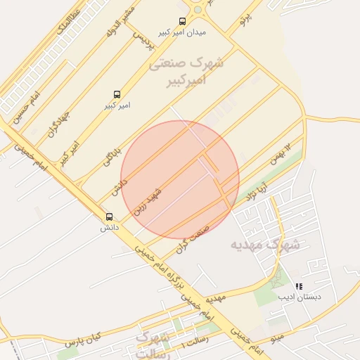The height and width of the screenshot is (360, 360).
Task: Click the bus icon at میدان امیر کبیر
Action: (183, 21)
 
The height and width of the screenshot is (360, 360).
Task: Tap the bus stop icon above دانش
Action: (108, 217)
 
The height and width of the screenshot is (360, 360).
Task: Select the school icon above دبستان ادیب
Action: (299, 287)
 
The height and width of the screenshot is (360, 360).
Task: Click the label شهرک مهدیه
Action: (264, 245)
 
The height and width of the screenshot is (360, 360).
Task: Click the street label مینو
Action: (278, 338)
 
